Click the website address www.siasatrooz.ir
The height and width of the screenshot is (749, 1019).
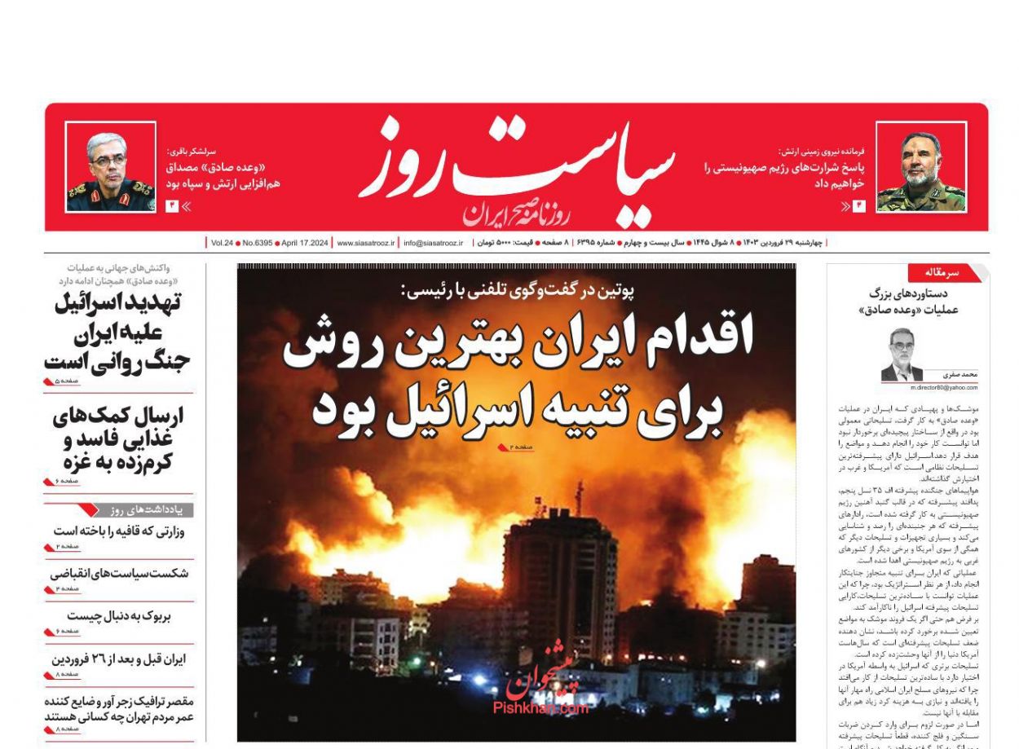click(365, 243)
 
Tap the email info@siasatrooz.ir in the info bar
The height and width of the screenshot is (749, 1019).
click(433, 243)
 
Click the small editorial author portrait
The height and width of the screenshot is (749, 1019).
click(902, 354)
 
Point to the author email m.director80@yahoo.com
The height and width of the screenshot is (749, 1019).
click(944, 387)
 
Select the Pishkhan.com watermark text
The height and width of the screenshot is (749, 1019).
click(540, 708)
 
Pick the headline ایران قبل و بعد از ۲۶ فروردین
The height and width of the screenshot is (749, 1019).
click(119, 659)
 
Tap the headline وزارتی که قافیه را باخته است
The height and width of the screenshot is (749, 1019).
click(119, 531)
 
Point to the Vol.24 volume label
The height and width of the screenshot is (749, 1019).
click(222, 243)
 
